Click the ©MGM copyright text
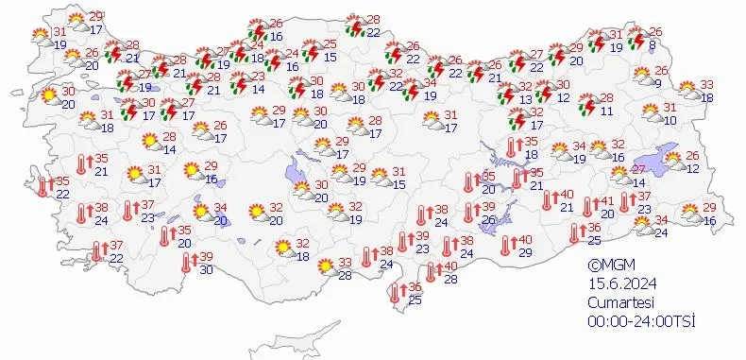[610, 266]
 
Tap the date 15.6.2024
[619, 283]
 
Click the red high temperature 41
[609, 200]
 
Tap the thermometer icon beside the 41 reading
[588, 206]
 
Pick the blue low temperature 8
[653, 43]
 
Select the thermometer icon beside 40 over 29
[506, 244]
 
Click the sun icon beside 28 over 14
[149, 143]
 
